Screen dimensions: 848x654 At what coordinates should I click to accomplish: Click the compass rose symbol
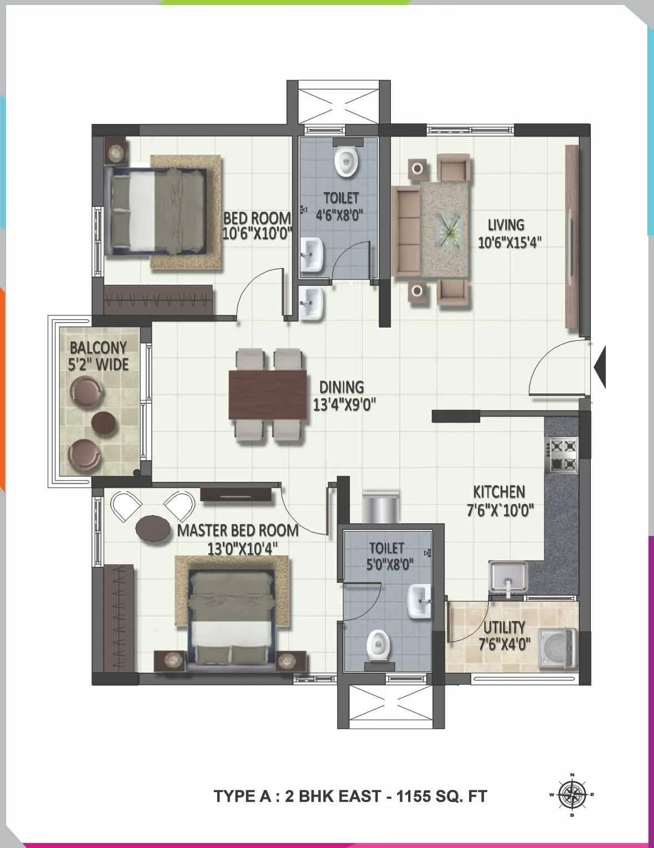pyautogui.click(x=572, y=795)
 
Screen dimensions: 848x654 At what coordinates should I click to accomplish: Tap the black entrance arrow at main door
pyautogui.click(x=600, y=366)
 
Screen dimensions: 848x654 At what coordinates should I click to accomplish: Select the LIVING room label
pyautogui.click(x=506, y=225)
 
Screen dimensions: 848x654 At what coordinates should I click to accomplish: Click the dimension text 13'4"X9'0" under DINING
pyautogui.click(x=344, y=405)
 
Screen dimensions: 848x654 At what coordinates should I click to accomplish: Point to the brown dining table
pyautogui.click(x=268, y=394)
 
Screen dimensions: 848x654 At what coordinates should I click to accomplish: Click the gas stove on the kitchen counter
pyautogui.click(x=563, y=455)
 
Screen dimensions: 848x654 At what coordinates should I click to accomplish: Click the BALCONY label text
pyautogui.click(x=98, y=347)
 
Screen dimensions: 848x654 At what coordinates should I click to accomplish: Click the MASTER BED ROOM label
pyautogui.click(x=238, y=530)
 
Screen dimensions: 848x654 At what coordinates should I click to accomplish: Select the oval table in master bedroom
pyautogui.click(x=153, y=527)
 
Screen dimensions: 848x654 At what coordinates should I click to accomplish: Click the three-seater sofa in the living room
pyautogui.click(x=406, y=231)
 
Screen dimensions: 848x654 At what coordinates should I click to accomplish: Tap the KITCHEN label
pyautogui.click(x=499, y=492)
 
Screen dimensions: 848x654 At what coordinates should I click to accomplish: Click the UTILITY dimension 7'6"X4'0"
pyautogui.click(x=504, y=644)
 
